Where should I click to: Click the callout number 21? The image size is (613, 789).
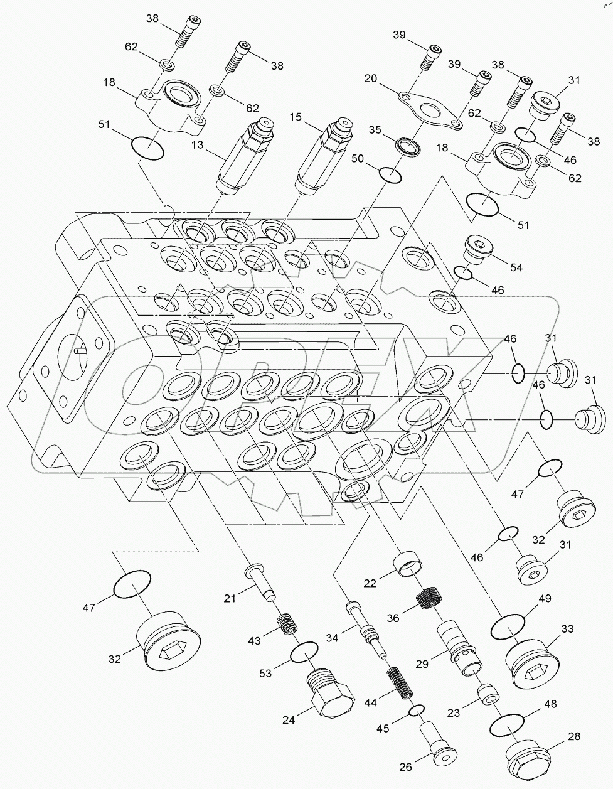[x=230, y=598]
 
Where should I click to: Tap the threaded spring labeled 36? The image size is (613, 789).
[x=432, y=599]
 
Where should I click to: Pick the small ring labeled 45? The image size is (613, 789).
[x=417, y=710]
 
